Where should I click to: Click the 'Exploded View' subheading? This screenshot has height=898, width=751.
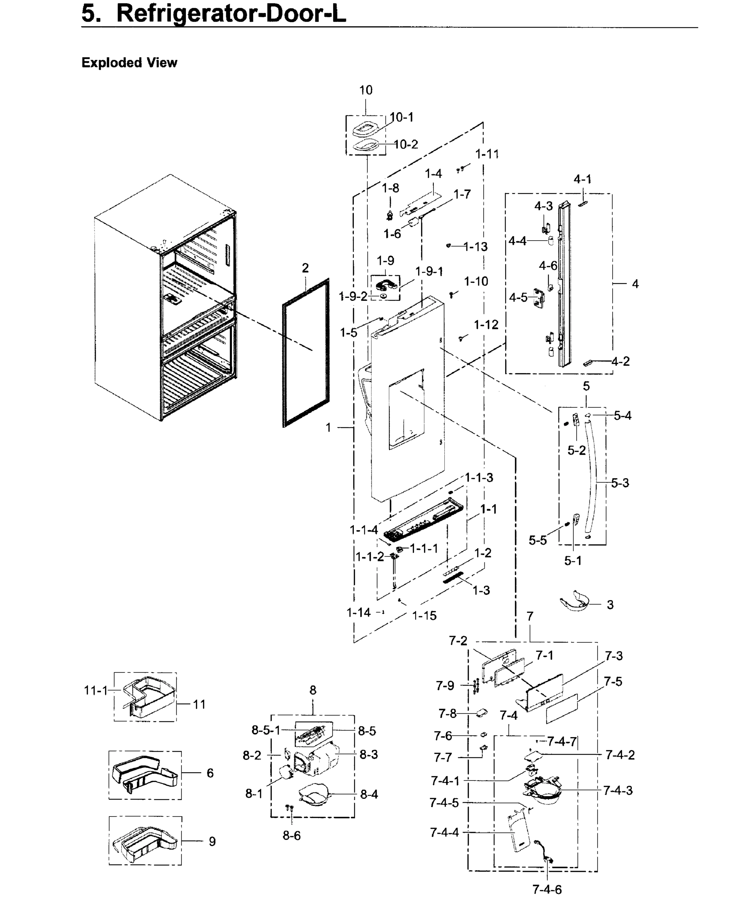point(129,63)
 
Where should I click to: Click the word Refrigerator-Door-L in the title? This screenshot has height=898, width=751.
point(231,14)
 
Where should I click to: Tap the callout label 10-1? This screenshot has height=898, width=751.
point(402,117)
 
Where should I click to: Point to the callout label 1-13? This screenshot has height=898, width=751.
point(475,247)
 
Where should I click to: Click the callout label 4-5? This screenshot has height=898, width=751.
point(518,297)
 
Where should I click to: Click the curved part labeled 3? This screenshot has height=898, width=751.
point(577,603)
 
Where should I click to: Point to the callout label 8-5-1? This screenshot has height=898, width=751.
point(266,730)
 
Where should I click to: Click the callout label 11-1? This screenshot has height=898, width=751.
point(96,690)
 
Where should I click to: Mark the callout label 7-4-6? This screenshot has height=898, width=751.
point(547,889)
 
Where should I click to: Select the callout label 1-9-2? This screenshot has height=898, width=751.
point(353,296)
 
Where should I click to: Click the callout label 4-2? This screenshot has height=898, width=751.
point(620,361)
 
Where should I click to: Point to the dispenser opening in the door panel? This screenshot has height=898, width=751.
point(406,410)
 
